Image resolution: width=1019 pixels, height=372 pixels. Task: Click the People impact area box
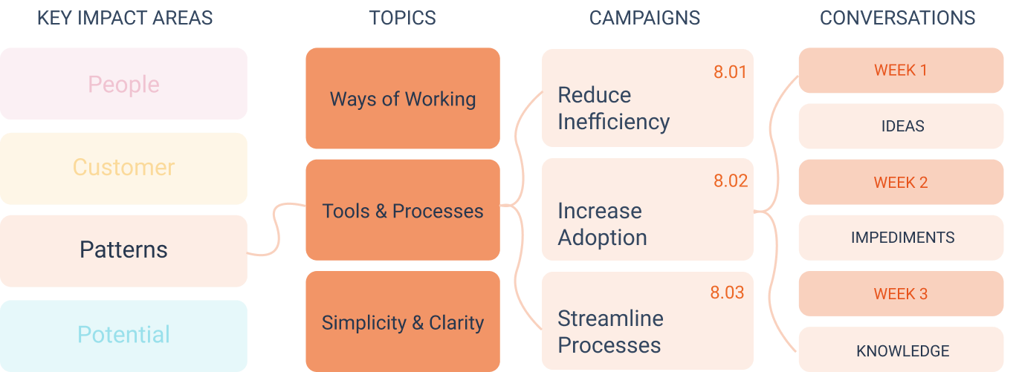(x=123, y=84)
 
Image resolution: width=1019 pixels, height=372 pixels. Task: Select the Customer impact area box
(x=123, y=169)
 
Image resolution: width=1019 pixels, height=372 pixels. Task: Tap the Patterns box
(x=123, y=251)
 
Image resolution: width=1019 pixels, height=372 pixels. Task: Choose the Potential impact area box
(x=123, y=336)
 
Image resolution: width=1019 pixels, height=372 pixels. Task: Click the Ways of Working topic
(x=403, y=98)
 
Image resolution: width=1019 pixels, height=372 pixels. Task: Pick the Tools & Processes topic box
(x=403, y=210)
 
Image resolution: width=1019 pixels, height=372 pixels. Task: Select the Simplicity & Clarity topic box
(x=403, y=322)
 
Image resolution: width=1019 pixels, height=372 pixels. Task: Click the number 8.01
(x=730, y=72)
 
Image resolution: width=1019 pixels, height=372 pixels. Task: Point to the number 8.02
(x=731, y=180)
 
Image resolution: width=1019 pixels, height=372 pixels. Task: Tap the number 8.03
(x=727, y=293)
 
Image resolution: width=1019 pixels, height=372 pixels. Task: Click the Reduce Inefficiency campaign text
(x=614, y=108)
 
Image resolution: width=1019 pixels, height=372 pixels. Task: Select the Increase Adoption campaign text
(x=602, y=224)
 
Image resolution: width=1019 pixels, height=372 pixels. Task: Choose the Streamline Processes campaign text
(x=610, y=332)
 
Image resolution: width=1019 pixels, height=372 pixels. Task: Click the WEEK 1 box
(x=901, y=71)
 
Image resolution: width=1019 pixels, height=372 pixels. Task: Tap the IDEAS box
(x=901, y=125)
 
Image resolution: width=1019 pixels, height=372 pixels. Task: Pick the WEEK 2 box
(x=901, y=182)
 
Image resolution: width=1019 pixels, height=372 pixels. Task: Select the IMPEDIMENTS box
(x=901, y=238)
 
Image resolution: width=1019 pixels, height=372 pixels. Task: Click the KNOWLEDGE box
(x=901, y=349)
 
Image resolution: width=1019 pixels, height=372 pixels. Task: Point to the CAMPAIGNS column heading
(x=644, y=18)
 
